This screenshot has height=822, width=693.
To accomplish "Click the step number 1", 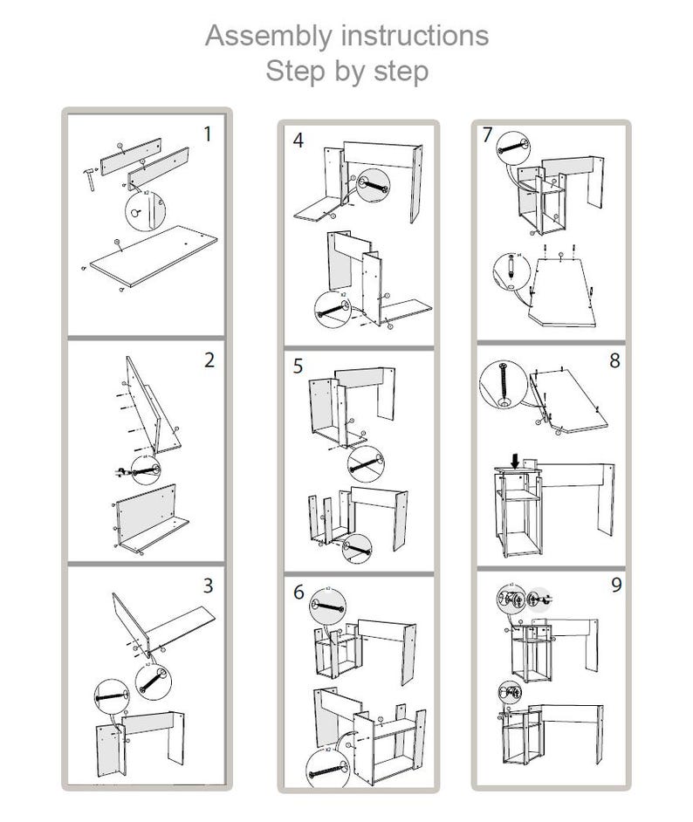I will tap(207, 134).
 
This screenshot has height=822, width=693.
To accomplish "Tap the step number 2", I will tap(209, 360).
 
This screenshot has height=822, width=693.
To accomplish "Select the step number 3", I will tap(208, 586).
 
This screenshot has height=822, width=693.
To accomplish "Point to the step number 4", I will tap(298, 140).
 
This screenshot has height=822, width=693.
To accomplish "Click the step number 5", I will tap(298, 366).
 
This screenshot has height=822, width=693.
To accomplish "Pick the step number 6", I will tap(298, 593).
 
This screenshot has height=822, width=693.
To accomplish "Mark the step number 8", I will tap(614, 360).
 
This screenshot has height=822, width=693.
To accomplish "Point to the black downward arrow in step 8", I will tap(517, 460).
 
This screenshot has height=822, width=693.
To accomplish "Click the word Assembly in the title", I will tap(267, 36).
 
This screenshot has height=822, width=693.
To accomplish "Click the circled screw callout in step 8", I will tap(504, 385).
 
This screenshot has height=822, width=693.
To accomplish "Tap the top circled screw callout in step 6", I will tap(329, 605).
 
